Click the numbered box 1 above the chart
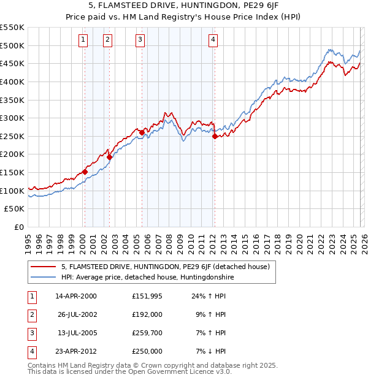[83, 40]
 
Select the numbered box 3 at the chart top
[140, 40]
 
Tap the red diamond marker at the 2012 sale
[215, 137]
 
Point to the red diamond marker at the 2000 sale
[85, 172]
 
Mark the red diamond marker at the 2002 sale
[109, 157]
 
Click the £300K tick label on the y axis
[12, 118]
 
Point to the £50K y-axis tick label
[14, 209]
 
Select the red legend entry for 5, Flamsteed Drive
[166, 267]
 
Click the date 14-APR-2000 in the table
[75, 296]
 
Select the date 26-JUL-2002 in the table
[77, 314]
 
